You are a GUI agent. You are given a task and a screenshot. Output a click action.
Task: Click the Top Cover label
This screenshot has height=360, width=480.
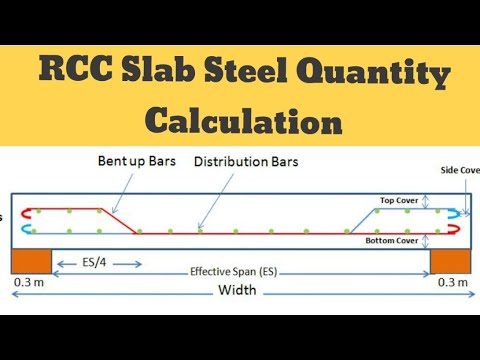point(398,199)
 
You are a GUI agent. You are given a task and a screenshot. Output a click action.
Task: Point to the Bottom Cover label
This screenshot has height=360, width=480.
point(392,240)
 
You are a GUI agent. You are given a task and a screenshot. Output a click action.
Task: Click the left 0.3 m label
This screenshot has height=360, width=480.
point(28,282)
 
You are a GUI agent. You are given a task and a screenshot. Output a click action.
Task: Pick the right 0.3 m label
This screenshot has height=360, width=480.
point(453,282)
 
